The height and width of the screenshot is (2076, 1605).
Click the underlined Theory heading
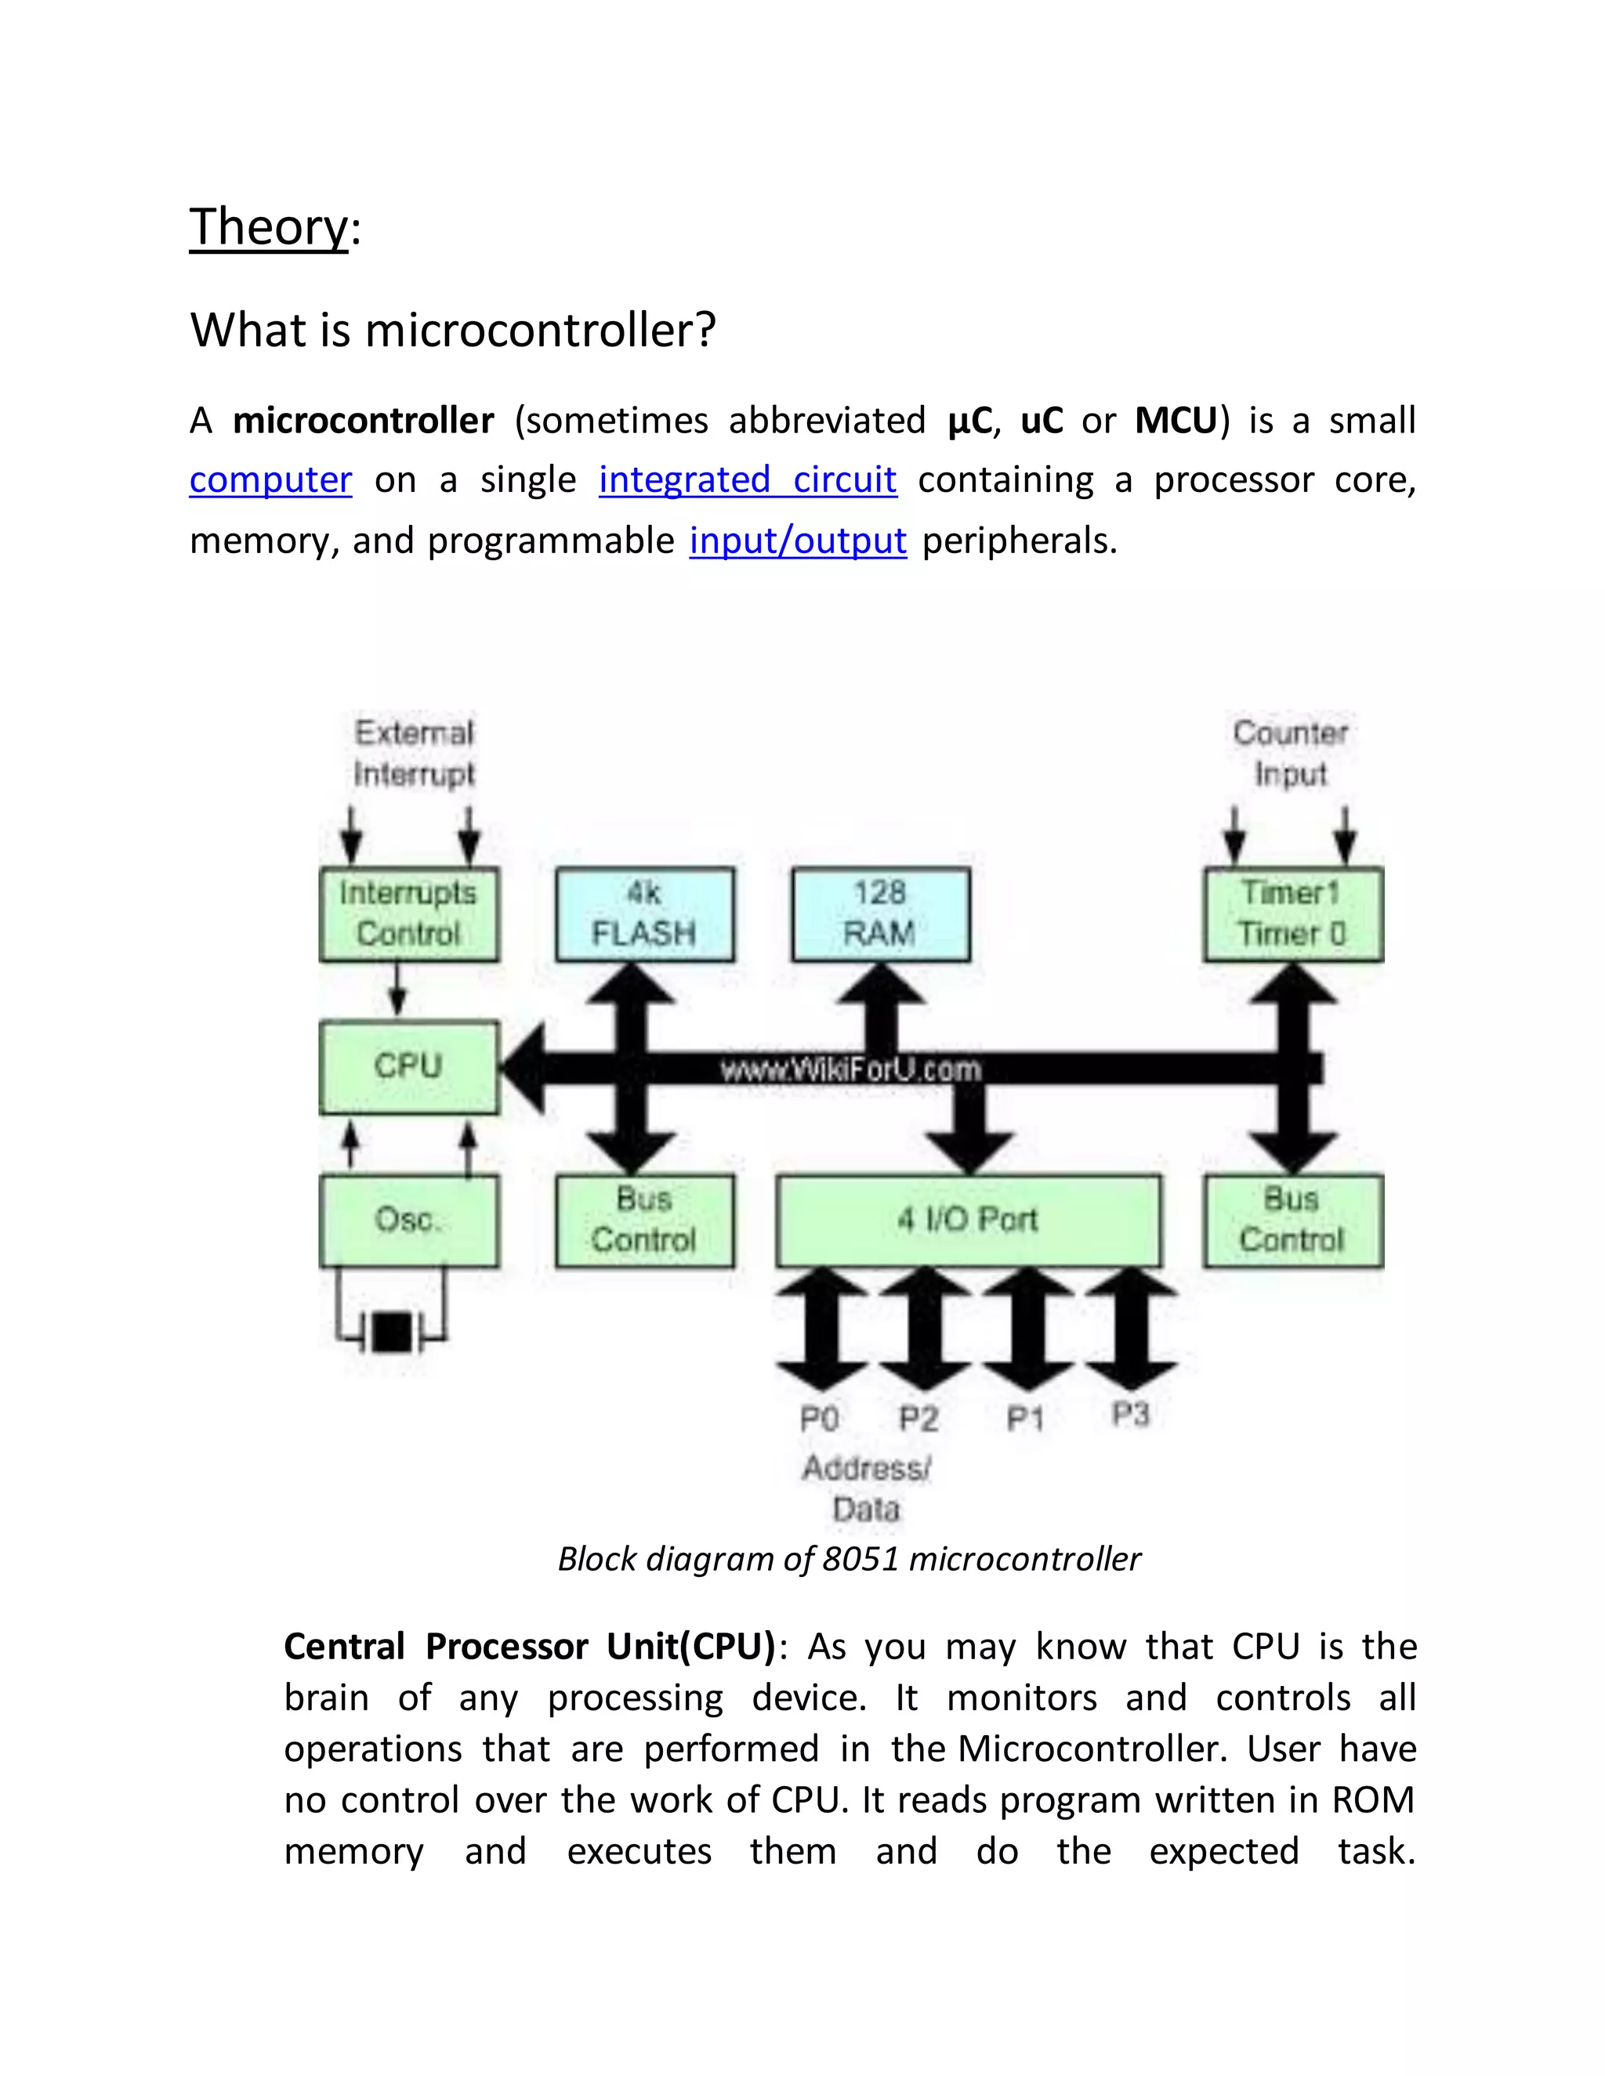269,227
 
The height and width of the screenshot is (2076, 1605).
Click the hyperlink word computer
270,480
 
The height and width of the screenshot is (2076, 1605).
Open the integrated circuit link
748,480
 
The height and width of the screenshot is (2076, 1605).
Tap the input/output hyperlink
798,541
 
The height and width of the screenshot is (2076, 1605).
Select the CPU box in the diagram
409,1065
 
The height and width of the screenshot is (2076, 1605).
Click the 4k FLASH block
645,913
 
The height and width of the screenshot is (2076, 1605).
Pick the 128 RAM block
880,913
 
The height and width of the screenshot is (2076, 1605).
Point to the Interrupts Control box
409,913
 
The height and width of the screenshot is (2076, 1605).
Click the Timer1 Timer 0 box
1292,913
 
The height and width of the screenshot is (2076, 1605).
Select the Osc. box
409,1221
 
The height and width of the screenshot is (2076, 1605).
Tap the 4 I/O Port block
968,1221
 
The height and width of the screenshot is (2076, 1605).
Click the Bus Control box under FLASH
645,1221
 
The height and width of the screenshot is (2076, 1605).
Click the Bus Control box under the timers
1292,1221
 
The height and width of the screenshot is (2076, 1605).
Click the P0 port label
819,1420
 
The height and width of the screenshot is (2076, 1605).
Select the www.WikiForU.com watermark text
850,1070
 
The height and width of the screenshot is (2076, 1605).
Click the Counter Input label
1290,753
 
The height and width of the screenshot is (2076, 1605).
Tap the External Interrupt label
414,753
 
